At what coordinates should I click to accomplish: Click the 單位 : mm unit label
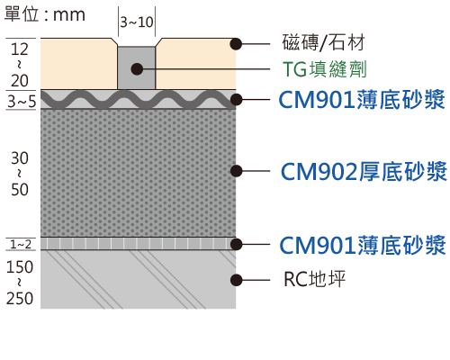tap(45, 14)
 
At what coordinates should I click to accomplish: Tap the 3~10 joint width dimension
tap(137, 22)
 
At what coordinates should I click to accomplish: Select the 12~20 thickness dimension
tap(20, 65)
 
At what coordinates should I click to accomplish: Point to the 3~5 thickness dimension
tap(22, 102)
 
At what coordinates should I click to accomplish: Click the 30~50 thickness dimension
tap(20, 174)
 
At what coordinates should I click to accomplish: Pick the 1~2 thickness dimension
tap(21, 245)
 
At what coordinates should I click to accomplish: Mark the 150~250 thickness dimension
tap(20, 283)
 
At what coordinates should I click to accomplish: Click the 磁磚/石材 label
tap(323, 42)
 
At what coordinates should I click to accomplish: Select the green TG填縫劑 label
tap(325, 69)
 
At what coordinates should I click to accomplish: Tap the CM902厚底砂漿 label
tap(364, 171)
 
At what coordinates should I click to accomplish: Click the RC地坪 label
tap(314, 279)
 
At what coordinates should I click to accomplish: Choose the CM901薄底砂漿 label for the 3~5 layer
tap(362, 99)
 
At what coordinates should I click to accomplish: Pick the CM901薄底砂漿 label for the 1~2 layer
tap(363, 245)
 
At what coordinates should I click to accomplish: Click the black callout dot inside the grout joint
tap(137, 69)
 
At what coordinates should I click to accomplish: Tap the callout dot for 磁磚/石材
tap(236, 44)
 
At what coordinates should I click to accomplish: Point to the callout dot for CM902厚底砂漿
tap(236, 171)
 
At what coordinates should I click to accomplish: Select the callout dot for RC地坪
tap(236, 280)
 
